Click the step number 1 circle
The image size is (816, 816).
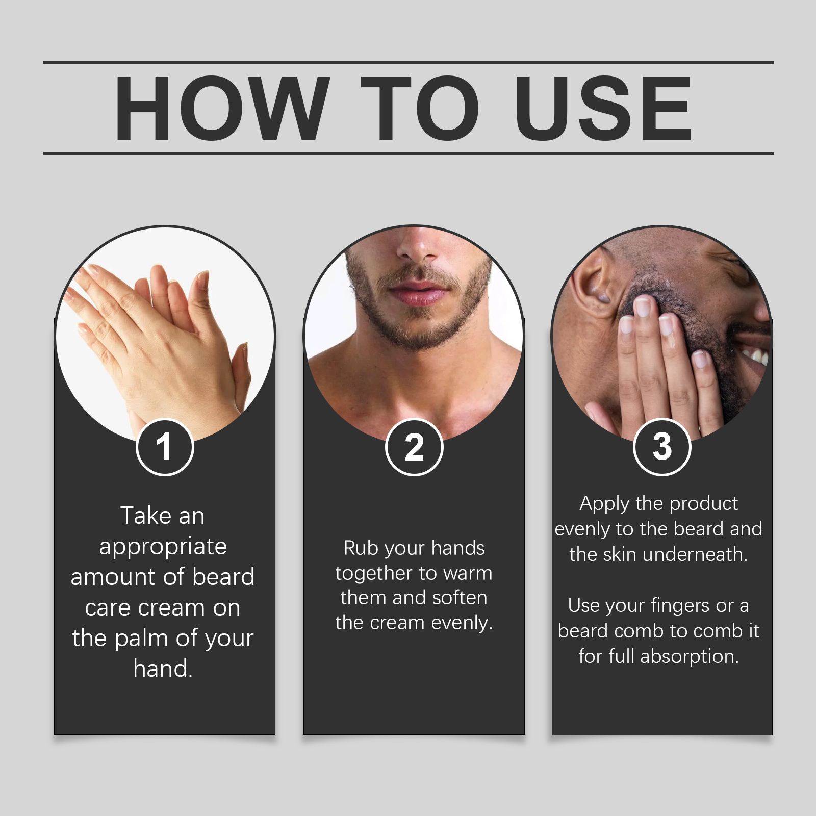(165, 447)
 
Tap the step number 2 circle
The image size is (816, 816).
(414, 447)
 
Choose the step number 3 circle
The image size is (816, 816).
(662, 447)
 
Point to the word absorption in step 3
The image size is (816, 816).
(690, 657)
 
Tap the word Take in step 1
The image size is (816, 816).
(141, 516)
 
